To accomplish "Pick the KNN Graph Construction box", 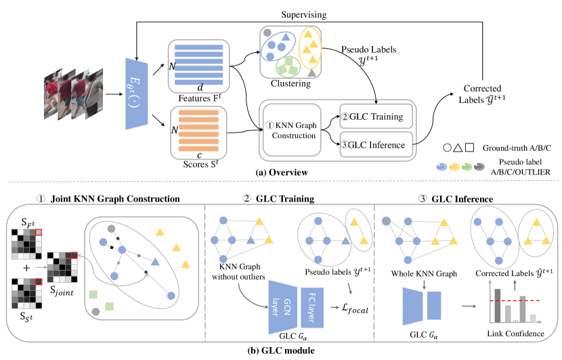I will (290, 130).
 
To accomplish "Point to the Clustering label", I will (289, 84).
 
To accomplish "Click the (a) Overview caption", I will (281, 173).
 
